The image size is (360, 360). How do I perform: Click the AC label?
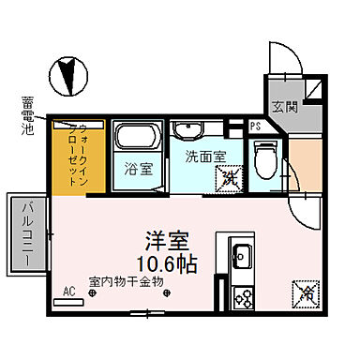coord(67,292)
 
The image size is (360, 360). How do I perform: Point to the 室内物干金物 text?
coord(127,280)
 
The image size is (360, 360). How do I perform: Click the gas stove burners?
coord(241,299)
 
